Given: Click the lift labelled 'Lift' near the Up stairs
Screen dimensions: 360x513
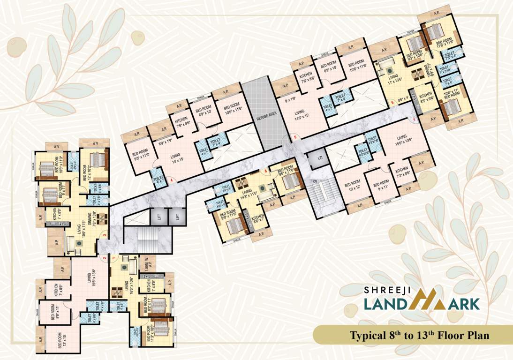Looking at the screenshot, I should pyautogui.click(x=320, y=158).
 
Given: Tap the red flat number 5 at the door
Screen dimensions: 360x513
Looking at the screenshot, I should pyautogui.click(x=295, y=137).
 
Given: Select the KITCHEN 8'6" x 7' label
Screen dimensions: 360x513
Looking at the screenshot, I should pyautogui.click(x=258, y=219).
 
